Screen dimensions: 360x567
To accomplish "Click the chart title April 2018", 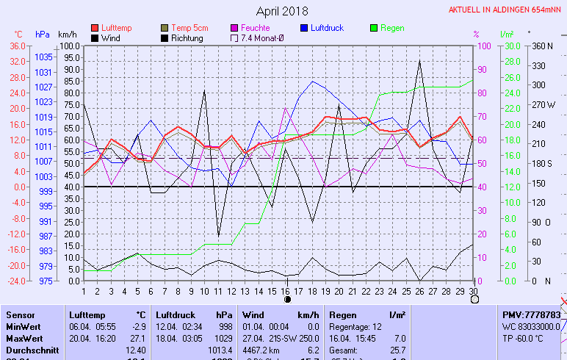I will tap(283, 11).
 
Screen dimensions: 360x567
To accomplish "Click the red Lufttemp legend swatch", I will tap(95, 28).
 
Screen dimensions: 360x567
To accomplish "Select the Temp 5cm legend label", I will tap(189, 28).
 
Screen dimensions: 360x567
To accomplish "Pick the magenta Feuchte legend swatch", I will tap(236, 28).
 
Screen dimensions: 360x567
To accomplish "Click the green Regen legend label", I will tap(392, 28).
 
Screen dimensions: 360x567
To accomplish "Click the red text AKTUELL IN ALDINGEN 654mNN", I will tap(507, 10).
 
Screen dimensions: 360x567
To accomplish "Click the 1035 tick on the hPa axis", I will tap(43, 57).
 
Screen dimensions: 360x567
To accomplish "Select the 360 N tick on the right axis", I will tap(542, 46).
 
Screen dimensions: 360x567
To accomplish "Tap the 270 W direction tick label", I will tap(544, 104).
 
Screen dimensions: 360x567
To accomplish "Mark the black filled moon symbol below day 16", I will tap(287, 299).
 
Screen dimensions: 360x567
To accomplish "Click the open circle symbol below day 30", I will tap(474, 299).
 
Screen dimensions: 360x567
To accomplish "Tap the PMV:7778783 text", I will tap(531, 314).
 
